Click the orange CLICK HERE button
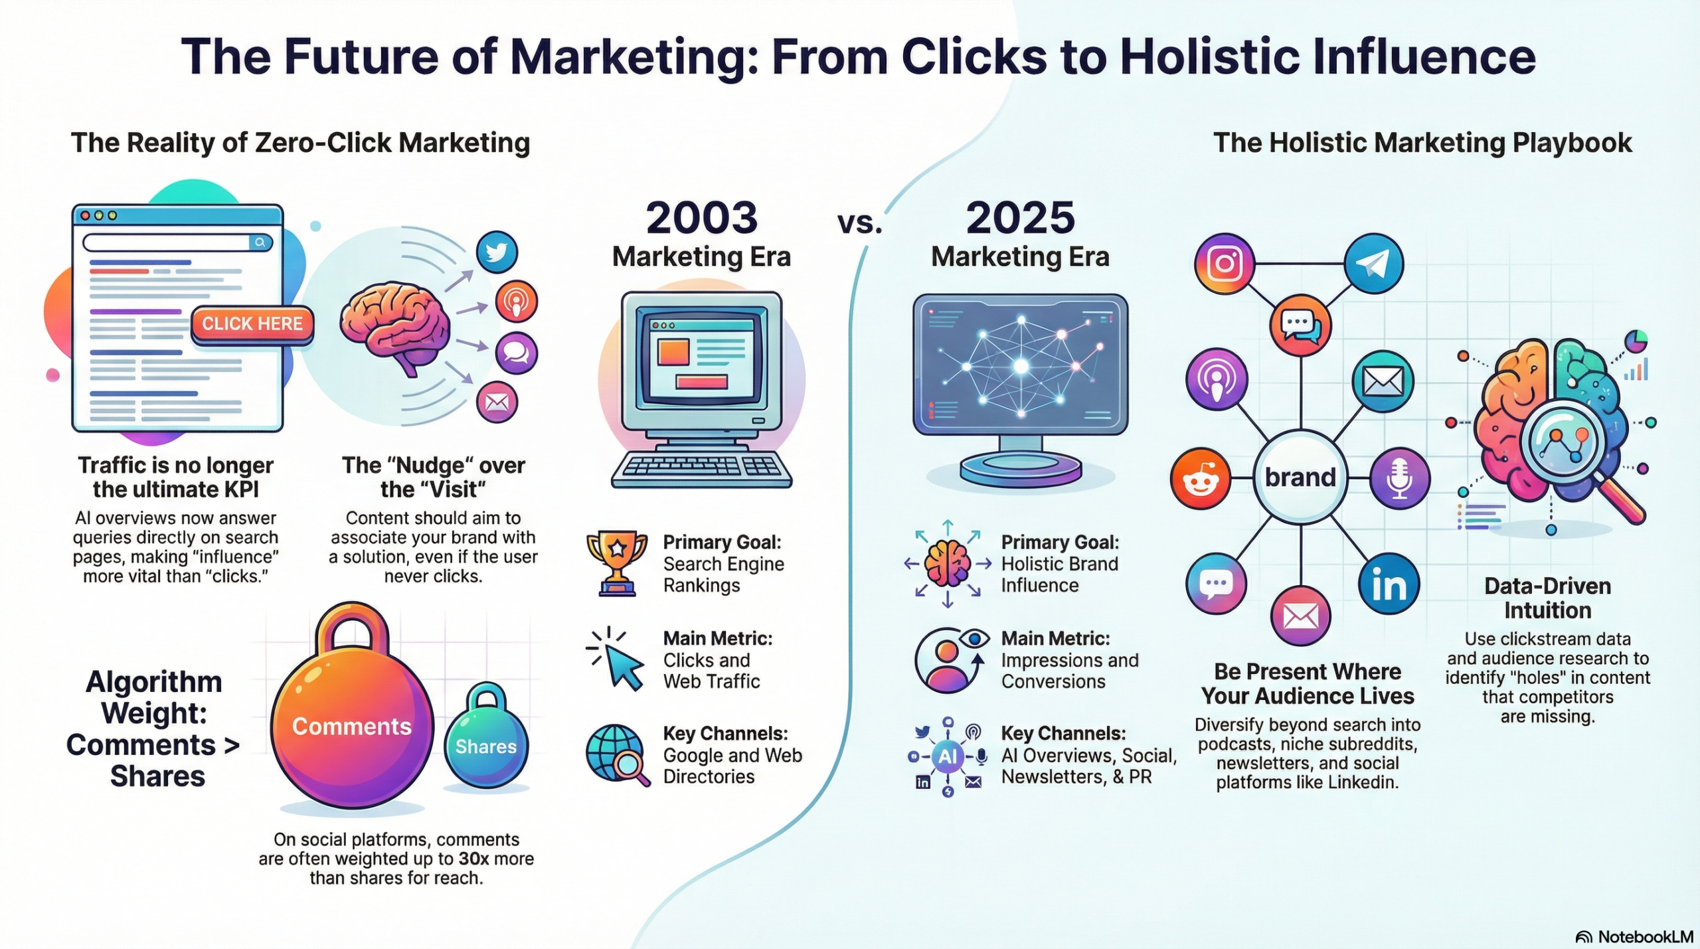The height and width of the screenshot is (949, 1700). click(x=252, y=324)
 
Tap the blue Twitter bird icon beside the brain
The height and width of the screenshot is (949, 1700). click(x=497, y=252)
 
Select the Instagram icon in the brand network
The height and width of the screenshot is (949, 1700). click(x=1225, y=264)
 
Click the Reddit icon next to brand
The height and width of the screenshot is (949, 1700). click(x=1201, y=477)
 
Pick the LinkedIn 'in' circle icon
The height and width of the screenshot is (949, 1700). click(x=1389, y=584)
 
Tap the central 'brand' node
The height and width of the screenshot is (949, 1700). click(x=1300, y=477)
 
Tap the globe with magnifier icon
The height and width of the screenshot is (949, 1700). click(x=618, y=755)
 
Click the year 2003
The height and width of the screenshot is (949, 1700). click(x=702, y=218)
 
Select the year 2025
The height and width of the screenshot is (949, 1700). click(x=1021, y=218)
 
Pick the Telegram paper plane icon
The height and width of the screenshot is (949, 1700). click(x=1374, y=264)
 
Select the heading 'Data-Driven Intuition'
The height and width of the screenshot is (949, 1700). click(x=1547, y=598)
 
